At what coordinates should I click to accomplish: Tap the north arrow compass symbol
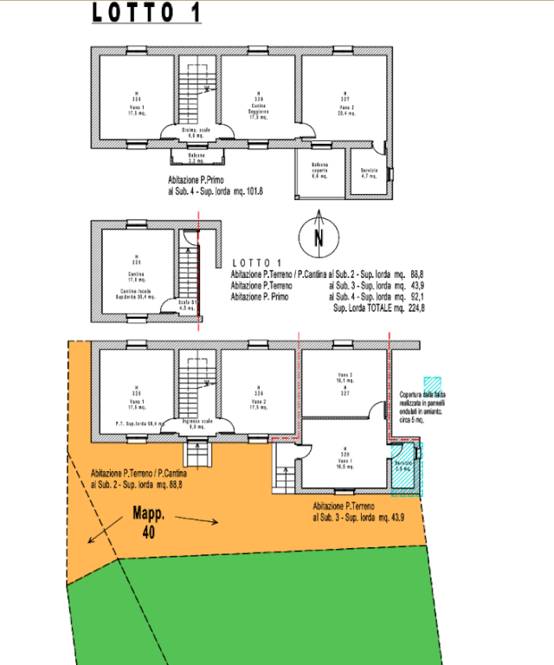coord(319,234)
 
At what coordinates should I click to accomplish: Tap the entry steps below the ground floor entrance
coord(198,454)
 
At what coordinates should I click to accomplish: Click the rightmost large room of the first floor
coord(344,97)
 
